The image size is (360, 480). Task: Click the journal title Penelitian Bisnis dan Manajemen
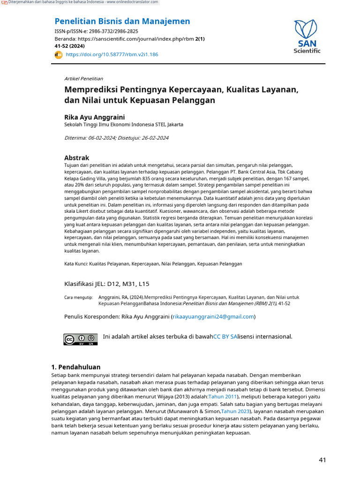coord(122,21)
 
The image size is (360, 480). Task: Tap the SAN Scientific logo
coord(307,37)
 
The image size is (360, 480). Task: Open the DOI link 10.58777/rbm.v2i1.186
coord(112,54)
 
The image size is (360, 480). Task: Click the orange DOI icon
coord(59,54)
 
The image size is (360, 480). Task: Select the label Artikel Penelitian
coord(83,78)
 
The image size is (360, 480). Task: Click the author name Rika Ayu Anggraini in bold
coord(94,117)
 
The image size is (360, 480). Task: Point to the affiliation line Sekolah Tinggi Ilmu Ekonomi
coord(123,125)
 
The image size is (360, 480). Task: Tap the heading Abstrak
coord(76,157)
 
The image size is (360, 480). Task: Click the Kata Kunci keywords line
coord(153,264)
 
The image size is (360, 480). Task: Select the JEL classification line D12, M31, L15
coord(106,284)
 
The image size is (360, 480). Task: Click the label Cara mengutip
coord(78,297)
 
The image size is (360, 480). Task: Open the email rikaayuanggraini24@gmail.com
coord(213,316)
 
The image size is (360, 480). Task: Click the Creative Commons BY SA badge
coord(81,339)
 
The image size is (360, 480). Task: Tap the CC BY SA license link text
coord(225,337)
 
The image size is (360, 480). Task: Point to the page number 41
coord(322,460)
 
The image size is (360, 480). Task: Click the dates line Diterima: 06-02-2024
coord(116,138)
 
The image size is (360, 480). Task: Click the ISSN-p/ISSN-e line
coord(96,31)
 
